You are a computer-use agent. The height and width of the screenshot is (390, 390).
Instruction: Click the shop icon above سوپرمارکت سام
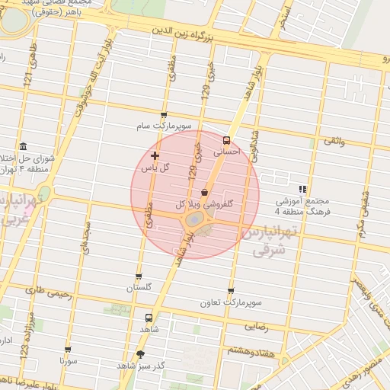pyautogui.click(x=164, y=115)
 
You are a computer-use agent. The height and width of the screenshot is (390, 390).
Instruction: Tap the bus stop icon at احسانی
pyautogui.click(x=226, y=140)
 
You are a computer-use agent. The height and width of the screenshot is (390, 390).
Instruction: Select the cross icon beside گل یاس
pyautogui.click(x=155, y=155)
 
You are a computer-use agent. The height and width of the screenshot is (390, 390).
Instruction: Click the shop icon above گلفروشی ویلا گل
pyautogui.click(x=204, y=193)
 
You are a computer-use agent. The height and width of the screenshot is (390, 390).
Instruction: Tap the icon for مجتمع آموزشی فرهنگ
pyautogui.click(x=302, y=188)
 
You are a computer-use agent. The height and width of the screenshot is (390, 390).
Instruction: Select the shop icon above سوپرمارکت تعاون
pyautogui.click(x=231, y=291)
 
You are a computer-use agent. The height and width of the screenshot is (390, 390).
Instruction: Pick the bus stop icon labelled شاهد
pyautogui.click(x=149, y=318)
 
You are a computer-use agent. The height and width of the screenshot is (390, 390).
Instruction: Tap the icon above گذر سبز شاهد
pyautogui.click(x=139, y=354)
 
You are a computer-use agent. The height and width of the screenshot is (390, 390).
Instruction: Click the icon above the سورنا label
pyautogui.click(x=69, y=350)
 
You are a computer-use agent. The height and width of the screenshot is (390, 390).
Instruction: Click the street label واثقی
pyautogui.click(x=334, y=140)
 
